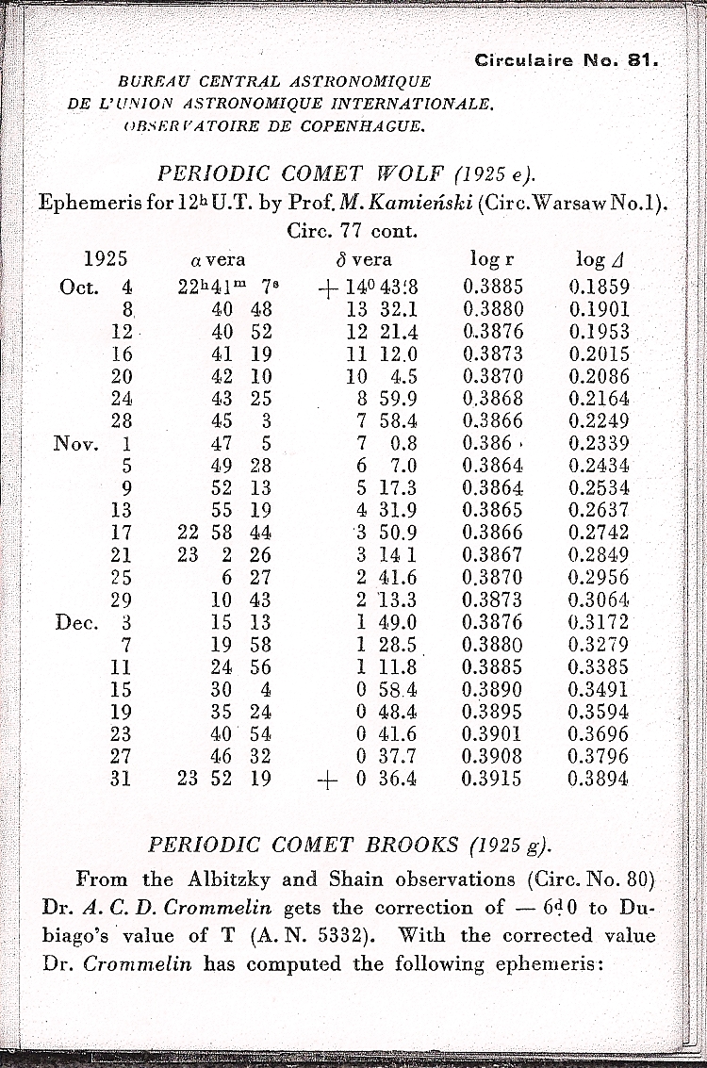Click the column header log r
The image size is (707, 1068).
click(x=491, y=259)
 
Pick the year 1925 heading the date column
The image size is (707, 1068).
click(x=106, y=259)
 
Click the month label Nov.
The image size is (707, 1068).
click(x=76, y=443)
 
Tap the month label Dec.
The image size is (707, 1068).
click(x=78, y=622)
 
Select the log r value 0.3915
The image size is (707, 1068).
click(x=492, y=779)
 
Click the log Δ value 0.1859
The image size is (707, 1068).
click(x=600, y=288)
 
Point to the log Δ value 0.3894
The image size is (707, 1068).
click(x=600, y=779)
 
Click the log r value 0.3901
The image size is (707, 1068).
click(x=492, y=734)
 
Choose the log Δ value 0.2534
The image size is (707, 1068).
click(x=600, y=488)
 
